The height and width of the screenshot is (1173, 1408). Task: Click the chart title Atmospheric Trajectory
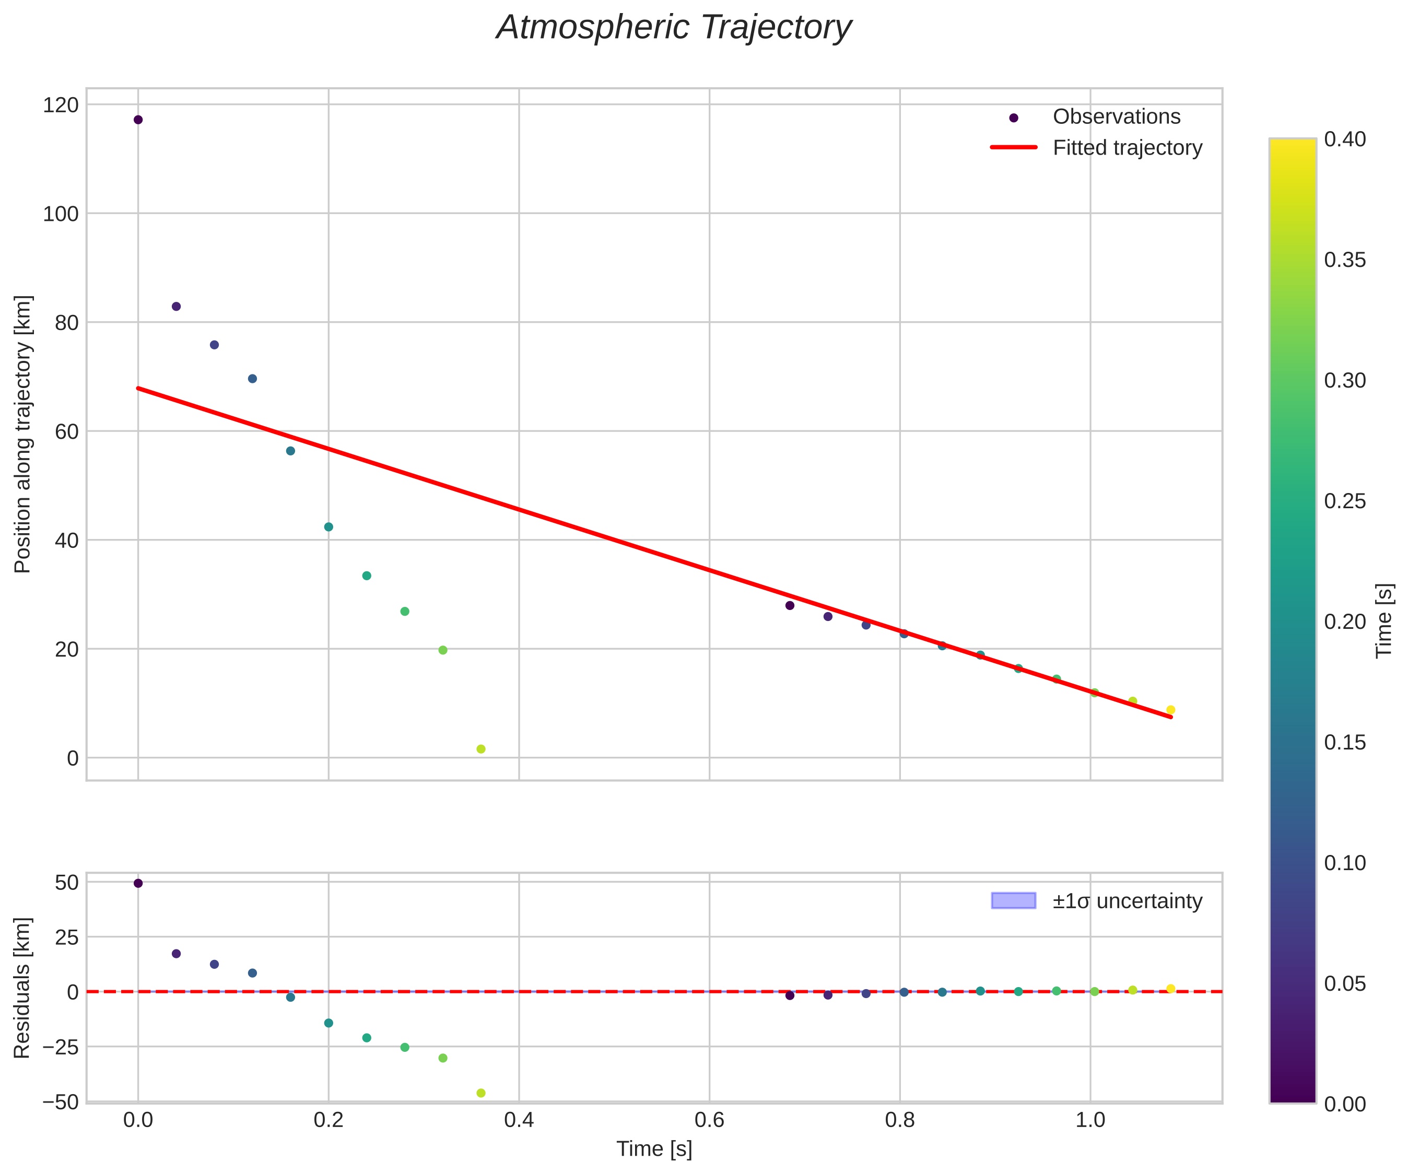[x=673, y=28]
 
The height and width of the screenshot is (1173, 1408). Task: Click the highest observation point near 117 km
[x=138, y=120]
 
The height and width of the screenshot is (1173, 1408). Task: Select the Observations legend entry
[x=1116, y=116]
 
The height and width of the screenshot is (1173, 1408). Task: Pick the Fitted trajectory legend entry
[x=1127, y=148]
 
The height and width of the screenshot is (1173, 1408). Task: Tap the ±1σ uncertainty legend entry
[x=1127, y=901]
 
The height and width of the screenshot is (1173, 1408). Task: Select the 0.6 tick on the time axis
[x=709, y=1121]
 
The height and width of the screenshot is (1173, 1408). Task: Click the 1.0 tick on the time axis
[x=1090, y=1121]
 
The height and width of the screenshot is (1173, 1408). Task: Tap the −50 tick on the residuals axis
[x=61, y=1102]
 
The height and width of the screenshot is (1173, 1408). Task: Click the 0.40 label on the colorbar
[x=1344, y=139]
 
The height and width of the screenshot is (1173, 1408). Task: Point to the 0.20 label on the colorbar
[x=1344, y=621]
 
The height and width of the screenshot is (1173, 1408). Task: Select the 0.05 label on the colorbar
[x=1344, y=984]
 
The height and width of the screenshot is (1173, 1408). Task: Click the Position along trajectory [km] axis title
[x=23, y=434]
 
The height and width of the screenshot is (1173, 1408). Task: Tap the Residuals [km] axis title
[x=23, y=988]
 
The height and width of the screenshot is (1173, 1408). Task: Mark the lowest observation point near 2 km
[x=480, y=749]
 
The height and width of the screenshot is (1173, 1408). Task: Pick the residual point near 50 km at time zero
[x=138, y=883]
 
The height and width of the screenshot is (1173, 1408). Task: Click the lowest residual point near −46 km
[x=480, y=1093]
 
